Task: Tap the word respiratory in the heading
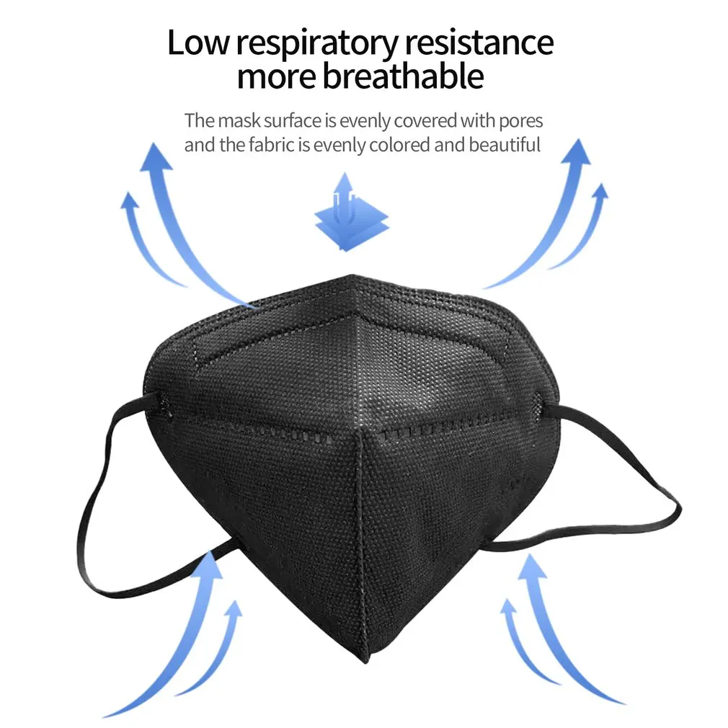coord(317,45)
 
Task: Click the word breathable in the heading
coord(403,76)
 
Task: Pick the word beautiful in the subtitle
coord(505,145)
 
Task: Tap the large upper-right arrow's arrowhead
coord(576,153)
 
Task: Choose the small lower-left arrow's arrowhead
coord(232,609)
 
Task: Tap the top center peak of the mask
coord(352,278)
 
